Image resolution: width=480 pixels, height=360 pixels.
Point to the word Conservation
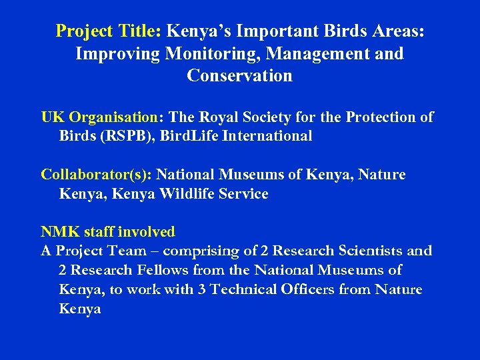click(239, 75)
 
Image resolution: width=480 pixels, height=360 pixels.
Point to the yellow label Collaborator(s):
click(97, 175)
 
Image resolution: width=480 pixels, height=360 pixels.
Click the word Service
click(244, 194)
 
